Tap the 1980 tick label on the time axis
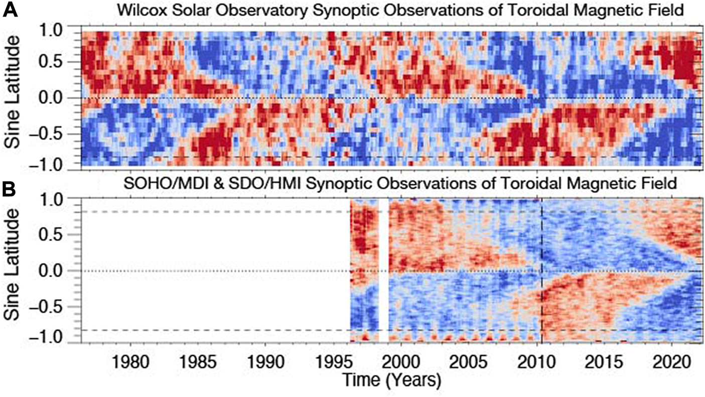coord(130,362)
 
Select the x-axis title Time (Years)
coord(392,379)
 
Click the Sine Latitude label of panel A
coord(15,98)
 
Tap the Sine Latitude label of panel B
coord(15,271)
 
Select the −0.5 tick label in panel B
coord(56,307)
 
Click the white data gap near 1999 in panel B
coord(384,271)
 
